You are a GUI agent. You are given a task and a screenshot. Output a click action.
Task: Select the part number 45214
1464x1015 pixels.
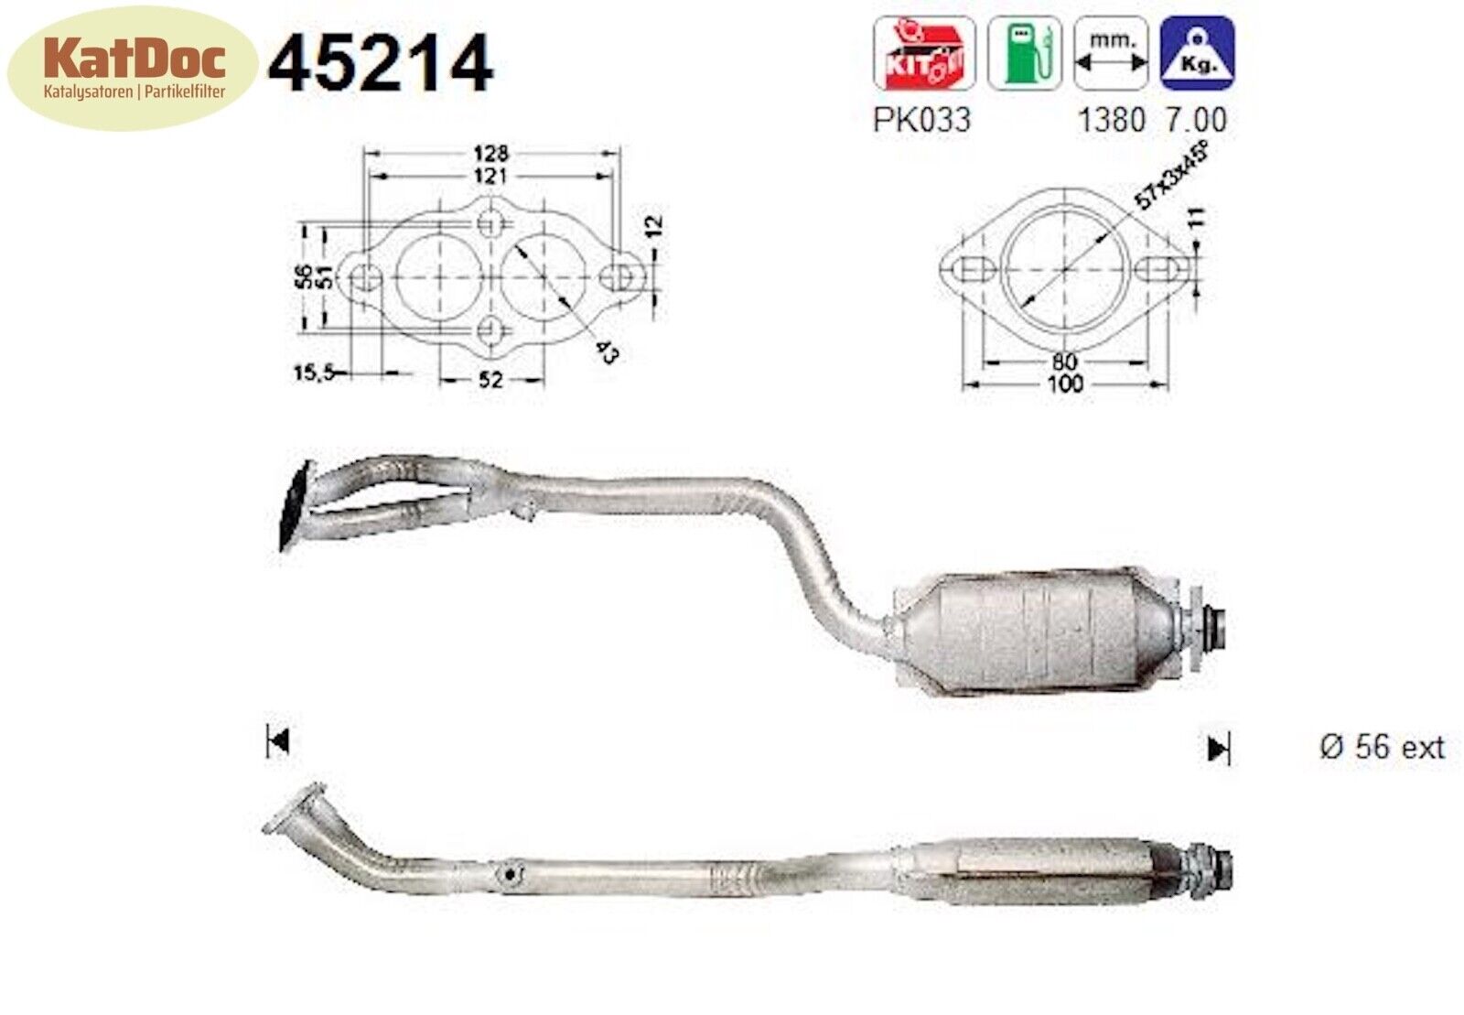tap(380, 64)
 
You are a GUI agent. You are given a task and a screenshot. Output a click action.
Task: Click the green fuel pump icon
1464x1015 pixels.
tap(1024, 53)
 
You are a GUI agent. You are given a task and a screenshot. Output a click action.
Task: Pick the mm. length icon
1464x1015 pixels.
tap(1110, 53)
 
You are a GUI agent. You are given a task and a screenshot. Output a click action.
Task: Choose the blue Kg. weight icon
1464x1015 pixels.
tap(1197, 53)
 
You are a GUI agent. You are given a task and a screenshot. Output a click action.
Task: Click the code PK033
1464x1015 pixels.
tap(920, 120)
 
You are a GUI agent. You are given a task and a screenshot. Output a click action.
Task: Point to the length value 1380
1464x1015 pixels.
tap(1111, 120)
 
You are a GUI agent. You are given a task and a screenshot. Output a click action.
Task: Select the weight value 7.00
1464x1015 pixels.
tap(1196, 120)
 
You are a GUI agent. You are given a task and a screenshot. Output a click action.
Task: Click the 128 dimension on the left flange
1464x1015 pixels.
tap(490, 154)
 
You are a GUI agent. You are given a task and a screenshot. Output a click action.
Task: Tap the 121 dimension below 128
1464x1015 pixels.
tap(490, 175)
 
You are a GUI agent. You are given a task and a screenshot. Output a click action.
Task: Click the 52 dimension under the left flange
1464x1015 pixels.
tap(491, 378)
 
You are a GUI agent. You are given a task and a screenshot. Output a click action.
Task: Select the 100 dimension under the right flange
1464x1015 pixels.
tap(1064, 383)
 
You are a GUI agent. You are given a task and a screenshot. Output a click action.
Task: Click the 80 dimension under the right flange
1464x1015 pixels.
tap(1064, 362)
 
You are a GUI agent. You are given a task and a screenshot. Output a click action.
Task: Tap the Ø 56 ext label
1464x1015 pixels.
tap(1382, 747)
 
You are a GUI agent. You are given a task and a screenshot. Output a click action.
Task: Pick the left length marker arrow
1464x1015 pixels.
tap(278, 740)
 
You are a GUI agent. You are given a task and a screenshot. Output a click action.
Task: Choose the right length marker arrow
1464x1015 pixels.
tap(1218, 750)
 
